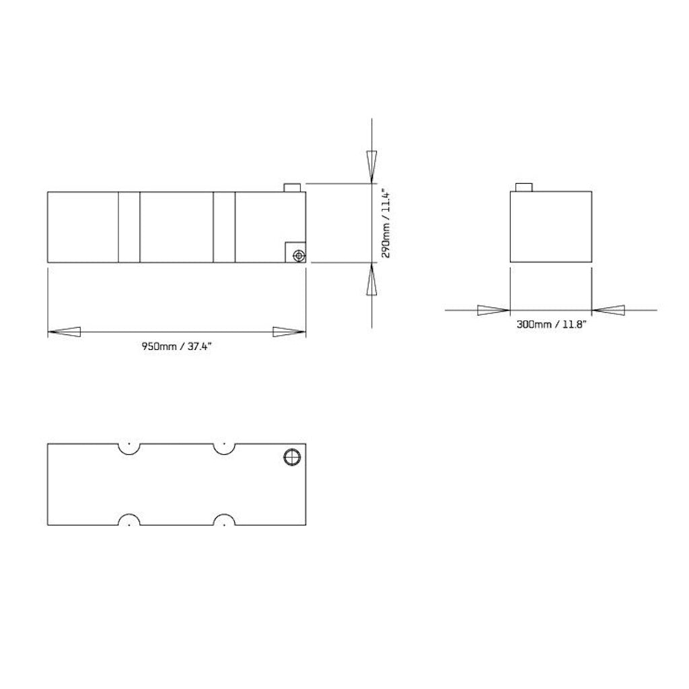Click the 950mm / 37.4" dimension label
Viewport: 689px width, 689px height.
coord(177,347)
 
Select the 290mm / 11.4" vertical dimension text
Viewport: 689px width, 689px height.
coord(386,222)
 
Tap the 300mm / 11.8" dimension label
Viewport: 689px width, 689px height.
coord(552,324)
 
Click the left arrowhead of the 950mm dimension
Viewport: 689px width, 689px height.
coord(65,332)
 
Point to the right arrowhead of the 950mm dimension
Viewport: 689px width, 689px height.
coord(289,332)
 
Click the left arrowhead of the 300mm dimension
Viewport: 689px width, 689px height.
coord(493,310)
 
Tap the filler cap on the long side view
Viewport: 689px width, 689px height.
coord(292,187)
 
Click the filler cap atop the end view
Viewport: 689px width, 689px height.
coord(523,187)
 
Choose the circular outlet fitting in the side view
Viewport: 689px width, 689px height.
coord(298,254)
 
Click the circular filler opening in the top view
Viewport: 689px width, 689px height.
coord(292,456)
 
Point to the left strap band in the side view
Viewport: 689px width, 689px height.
coord(129,227)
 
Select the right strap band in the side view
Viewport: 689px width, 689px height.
coord(224,227)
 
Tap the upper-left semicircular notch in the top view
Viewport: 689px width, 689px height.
coord(129,447)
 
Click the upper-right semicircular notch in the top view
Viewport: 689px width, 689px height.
coord(223,447)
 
